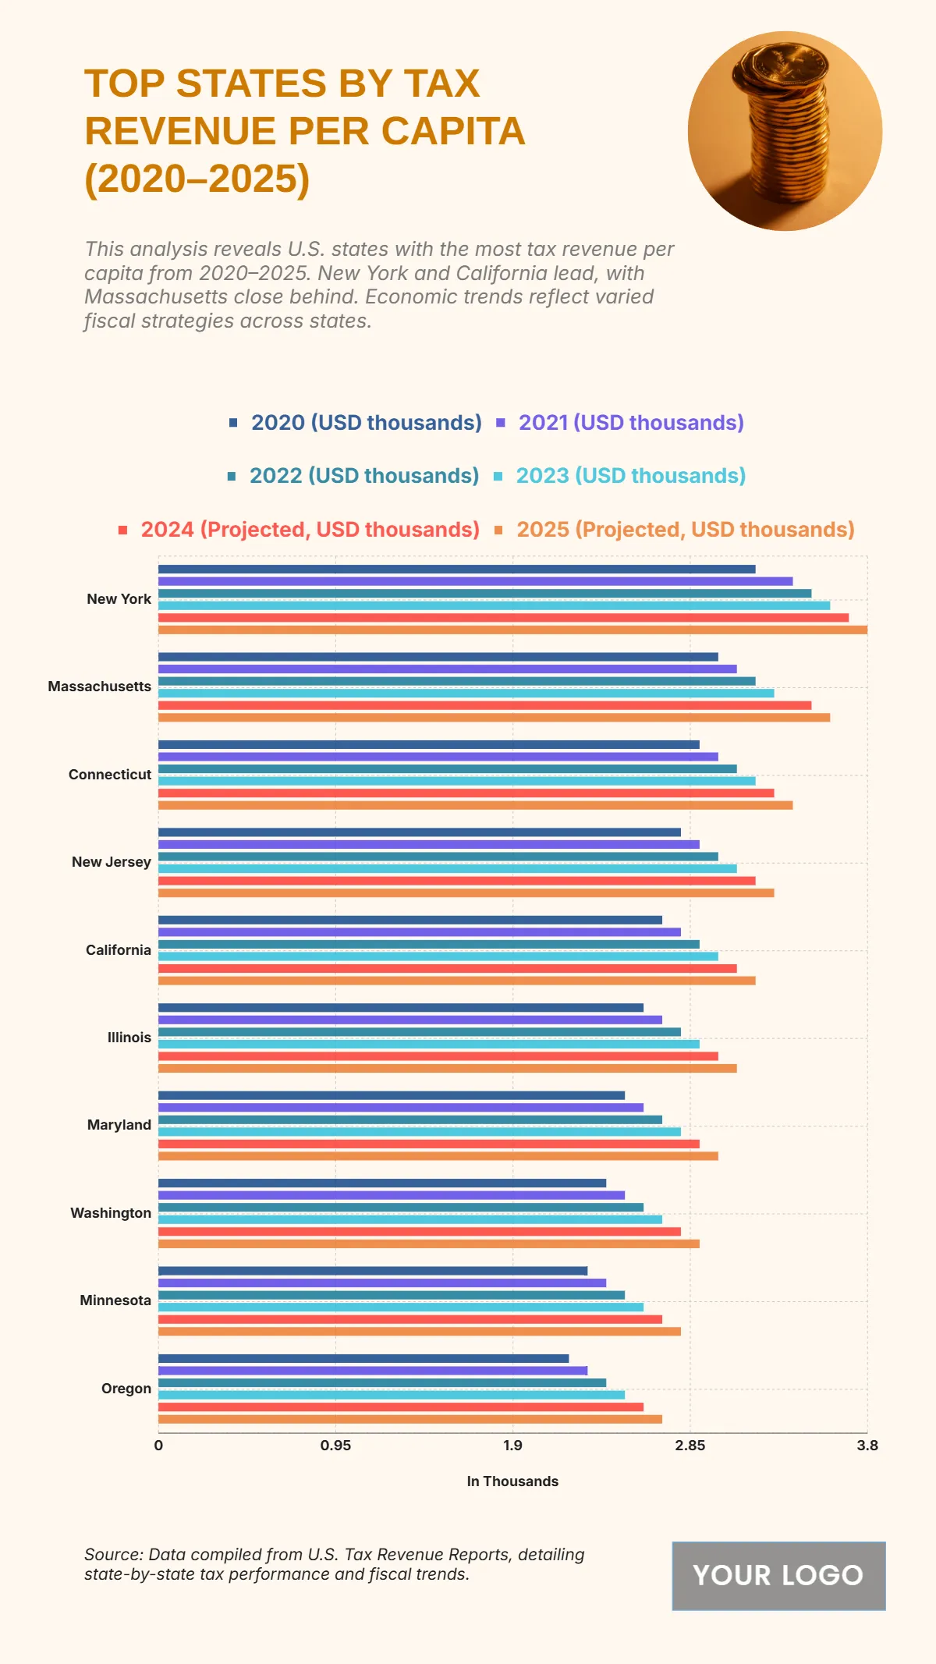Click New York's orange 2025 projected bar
click(x=512, y=630)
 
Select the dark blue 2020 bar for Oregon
click(x=363, y=1358)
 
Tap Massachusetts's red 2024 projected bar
click(x=484, y=705)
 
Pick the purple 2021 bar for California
click(x=420, y=932)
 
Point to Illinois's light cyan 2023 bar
click(x=429, y=1044)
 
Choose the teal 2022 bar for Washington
click(x=401, y=1207)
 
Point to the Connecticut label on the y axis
click(x=110, y=775)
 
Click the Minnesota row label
click(x=115, y=1300)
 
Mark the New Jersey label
click(x=112, y=862)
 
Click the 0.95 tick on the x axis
click(x=335, y=1446)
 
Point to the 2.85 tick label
click(x=690, y=1446)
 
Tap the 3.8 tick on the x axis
click(x=867, y=1446)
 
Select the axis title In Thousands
click(x=512, y=1481)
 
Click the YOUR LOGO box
click(x=778, y=1576)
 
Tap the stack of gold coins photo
click(x=785, y=131)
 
